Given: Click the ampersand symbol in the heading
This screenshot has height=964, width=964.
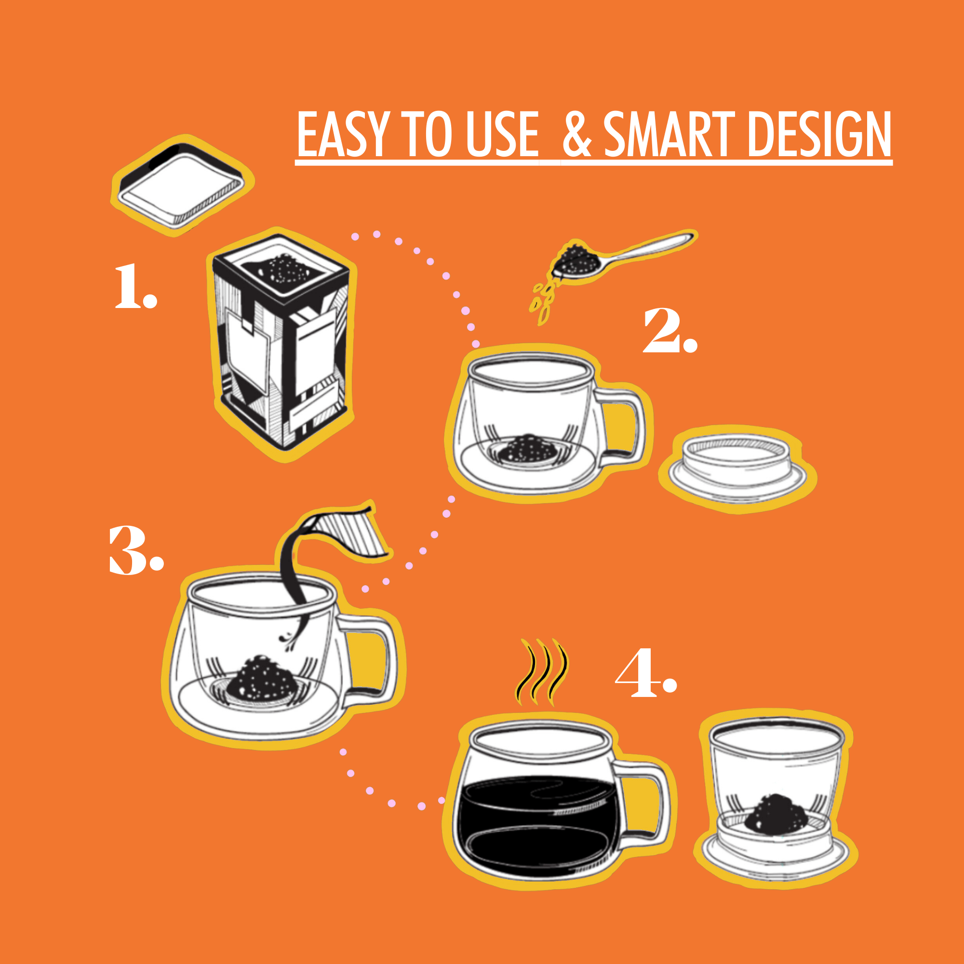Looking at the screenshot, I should (x=576, y=135).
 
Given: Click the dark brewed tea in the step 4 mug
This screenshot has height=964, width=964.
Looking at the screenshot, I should (x=536, y=818).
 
